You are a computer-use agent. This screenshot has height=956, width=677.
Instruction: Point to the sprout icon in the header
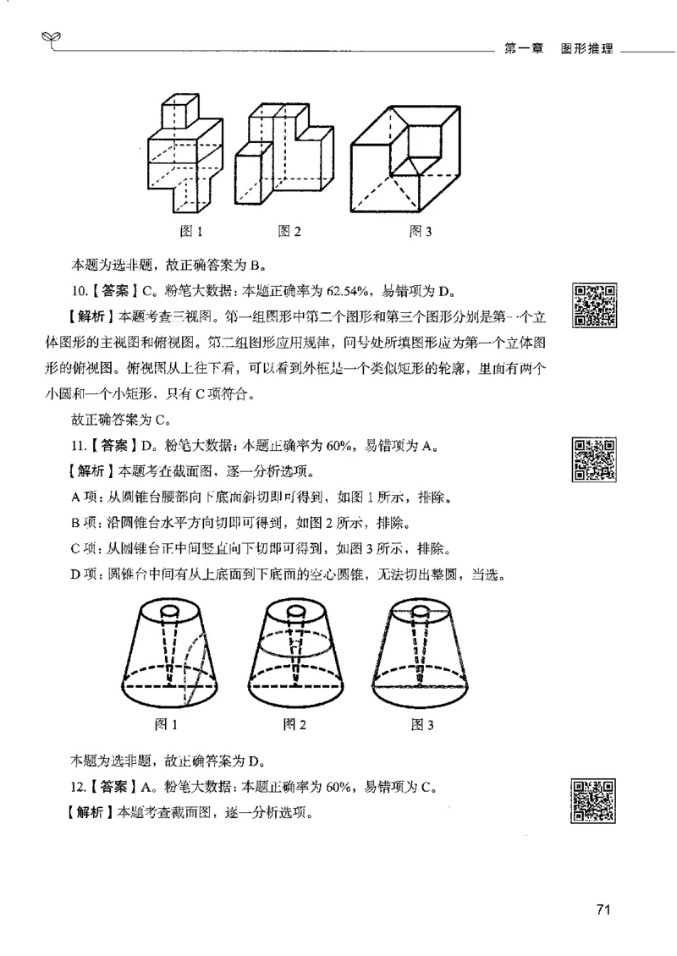47,38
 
